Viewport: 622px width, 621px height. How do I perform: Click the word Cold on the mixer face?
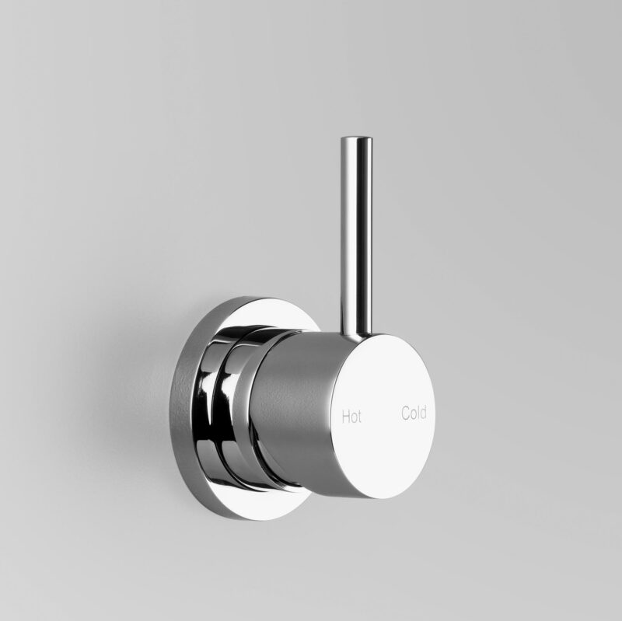click(413, 413)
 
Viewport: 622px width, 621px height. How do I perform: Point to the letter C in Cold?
click(405, 413)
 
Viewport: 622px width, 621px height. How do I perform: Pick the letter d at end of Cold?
click(422, 413)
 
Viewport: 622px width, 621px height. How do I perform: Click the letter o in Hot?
click(355, 417)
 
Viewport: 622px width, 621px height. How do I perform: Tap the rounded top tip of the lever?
click(355, 141)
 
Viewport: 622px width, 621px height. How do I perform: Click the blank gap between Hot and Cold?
click(383, 415)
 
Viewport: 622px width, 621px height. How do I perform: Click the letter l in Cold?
click(418, 413)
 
